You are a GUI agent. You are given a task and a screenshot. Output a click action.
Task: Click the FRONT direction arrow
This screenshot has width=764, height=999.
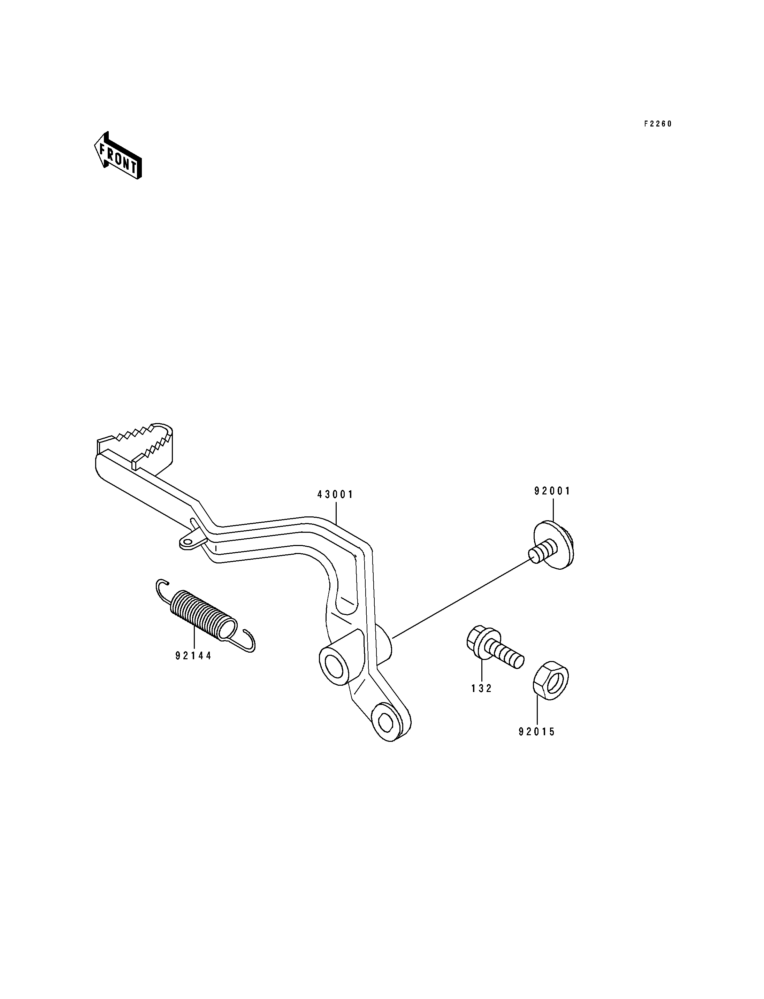(118, 155)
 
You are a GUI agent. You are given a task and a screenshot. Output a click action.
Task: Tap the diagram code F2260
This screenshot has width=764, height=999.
(658, 124)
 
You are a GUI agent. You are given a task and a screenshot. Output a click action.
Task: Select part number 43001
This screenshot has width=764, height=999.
(335, 494)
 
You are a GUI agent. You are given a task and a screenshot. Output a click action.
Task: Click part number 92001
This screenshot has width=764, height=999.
(552, 491)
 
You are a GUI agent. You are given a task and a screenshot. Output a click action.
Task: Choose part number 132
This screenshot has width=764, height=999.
(482, 689)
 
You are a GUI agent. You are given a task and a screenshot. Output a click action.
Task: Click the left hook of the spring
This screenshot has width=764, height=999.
(161, 588)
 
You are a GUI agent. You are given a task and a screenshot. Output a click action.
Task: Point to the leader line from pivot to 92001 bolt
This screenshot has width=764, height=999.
(461, 598)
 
